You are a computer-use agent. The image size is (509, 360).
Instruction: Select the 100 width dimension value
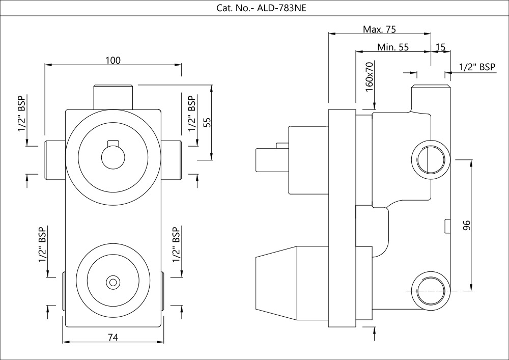pos(113,60)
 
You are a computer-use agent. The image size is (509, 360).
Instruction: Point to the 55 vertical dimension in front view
pos(206,122)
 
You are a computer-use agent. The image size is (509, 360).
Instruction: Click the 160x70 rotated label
pos(370,77)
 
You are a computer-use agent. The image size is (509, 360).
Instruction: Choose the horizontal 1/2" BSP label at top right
pos(477,67)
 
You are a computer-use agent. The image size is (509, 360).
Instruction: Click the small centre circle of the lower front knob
pos(112,281)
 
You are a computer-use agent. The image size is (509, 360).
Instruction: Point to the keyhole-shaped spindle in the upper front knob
pos(112,155)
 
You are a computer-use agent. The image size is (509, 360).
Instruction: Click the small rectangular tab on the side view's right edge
pos(447,226)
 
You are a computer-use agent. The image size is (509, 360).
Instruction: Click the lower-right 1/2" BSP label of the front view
pos(176,244)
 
